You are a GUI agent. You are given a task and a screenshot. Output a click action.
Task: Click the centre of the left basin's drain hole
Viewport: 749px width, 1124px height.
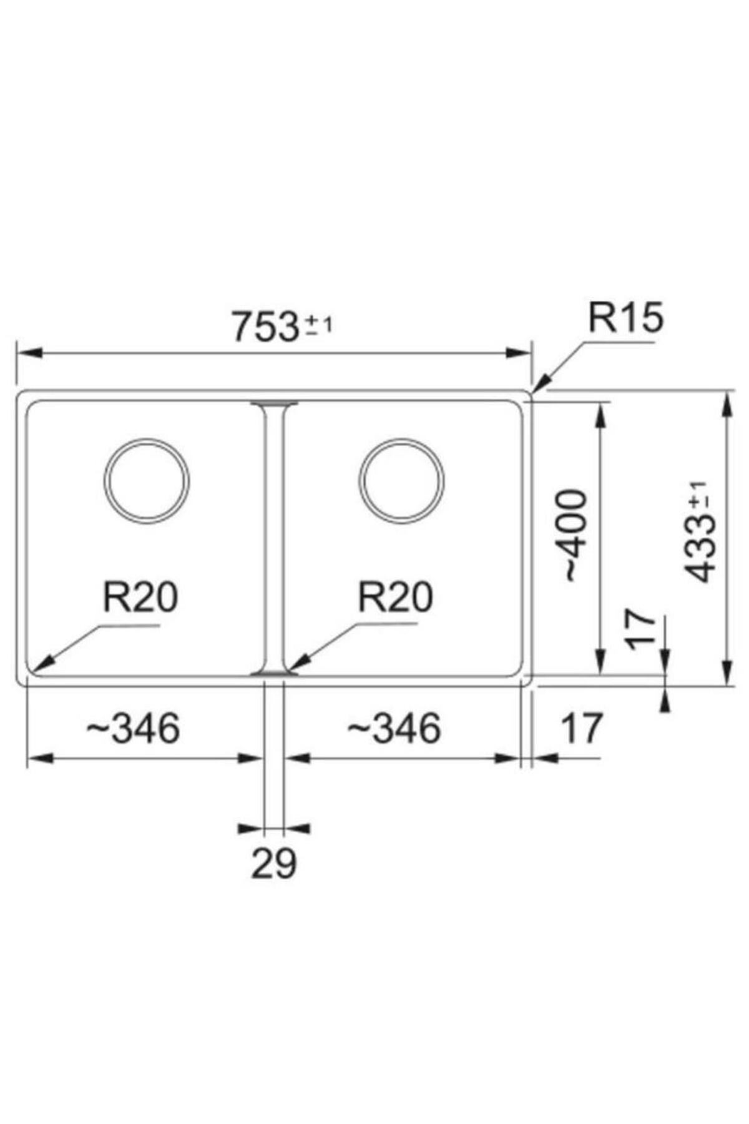(x=147, y=481)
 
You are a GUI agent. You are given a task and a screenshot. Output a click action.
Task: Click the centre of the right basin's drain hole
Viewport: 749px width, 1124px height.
(x=402, y=481)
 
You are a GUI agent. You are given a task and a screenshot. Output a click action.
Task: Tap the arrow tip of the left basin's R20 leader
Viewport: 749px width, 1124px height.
(x=33, y=670)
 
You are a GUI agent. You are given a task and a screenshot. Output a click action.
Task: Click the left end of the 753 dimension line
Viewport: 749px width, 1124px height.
(x=17, y=353)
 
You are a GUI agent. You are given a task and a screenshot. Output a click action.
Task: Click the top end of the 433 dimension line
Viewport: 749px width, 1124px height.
(x=726, y=392)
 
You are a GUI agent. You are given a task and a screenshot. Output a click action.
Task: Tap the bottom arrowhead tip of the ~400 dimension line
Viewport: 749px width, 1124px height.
(x=600, y=674)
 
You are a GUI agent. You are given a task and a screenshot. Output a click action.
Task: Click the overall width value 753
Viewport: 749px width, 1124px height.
(x=265, y=327)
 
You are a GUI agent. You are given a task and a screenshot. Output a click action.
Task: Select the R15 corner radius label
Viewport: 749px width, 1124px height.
(x=626, y=318)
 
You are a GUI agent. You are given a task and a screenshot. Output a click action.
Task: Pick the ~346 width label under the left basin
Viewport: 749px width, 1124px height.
(x=133, y=727)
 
